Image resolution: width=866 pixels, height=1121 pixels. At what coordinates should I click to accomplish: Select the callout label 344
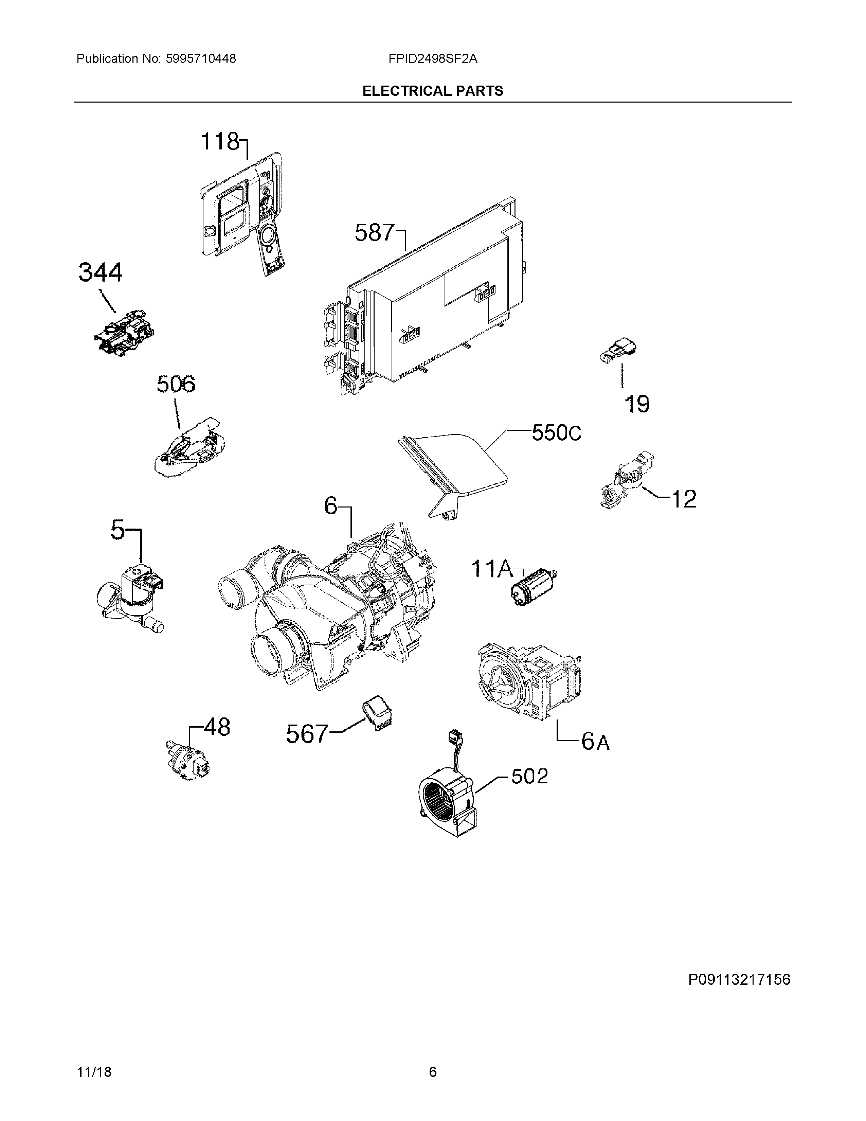tap(101, 272)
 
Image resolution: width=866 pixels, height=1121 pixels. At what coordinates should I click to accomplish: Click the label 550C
tap(556, 433)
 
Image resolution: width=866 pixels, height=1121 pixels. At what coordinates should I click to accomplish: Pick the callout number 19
tap(637, 404)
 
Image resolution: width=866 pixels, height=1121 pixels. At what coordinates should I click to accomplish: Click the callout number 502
tap(529, 776)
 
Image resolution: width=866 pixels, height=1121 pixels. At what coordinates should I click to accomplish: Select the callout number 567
tap(306, 734)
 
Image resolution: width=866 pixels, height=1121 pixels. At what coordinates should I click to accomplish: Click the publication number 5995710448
tap(201, 59)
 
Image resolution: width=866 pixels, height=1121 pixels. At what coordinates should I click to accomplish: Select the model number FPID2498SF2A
tap(432, 59)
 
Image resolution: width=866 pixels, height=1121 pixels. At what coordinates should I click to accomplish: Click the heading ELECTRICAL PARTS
tap(432, 91)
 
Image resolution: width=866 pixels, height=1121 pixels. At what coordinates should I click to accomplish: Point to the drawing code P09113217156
tap(739, 980)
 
